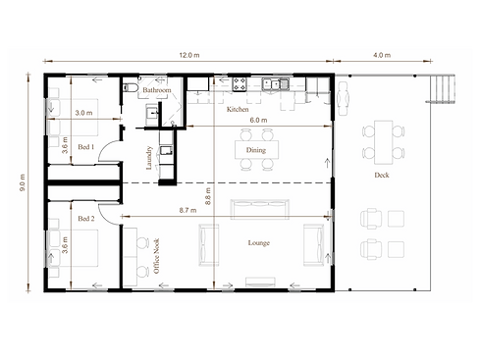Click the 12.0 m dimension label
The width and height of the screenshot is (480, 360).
pyautogui.click(x=189, y=55)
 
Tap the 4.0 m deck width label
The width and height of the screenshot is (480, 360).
pyautogui.click(x=382, y=55)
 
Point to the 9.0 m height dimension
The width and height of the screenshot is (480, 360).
pyautogui.click(x=23, y=182)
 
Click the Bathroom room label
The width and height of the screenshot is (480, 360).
pyautogui.click(x=157, y=90)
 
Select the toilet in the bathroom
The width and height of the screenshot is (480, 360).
pyautogui.click(x=130, y=87)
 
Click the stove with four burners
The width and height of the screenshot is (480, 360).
pyautogui.click(x=240, y=84)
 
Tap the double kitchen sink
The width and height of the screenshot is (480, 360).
pyautogui.click(x=275, y=84)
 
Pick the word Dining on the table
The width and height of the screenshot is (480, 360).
pyautogui.click(x=256, y=150)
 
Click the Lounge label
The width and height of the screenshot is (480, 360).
pyautogui.click(x=259, y=243)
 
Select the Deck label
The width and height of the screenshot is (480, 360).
pyautogui.click(x=382, y=176)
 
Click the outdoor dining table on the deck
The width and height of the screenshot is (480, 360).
pyautogui.click(x=384, y=142)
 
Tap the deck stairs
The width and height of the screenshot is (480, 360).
pyautogui.click(x=442, y=88)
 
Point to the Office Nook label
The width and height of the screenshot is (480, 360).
pyautogui.click(x=156, y=256)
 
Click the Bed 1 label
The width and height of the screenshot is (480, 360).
pyautogui.click(x=86, y=147)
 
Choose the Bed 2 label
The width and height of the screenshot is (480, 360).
pyautogui.click(x=86, y=219)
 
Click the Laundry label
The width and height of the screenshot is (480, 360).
pyautogui.click(x=149, y=158)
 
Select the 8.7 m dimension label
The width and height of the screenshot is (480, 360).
pyautogui.click(x=187, y=210)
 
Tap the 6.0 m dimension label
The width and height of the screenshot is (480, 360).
pyautogui.click(x=258, y=120)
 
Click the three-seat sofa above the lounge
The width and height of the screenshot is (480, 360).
pyautogui.click(x=260, y=209)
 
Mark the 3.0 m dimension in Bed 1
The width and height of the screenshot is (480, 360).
pyautogui.click(x=83, y=113)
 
